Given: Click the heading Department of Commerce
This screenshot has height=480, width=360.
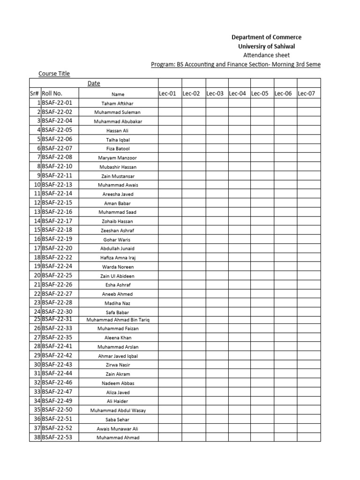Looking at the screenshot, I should [x=267, y=37].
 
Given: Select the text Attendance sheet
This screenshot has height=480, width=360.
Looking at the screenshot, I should [x=267, y=55].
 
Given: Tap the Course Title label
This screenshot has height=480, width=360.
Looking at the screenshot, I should [x=54, y=74].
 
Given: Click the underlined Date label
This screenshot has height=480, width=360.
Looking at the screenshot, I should [x=94, y=83].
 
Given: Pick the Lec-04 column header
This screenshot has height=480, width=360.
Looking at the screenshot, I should [x=237, y=93].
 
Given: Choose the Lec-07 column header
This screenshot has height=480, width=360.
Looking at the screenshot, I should [x=307, y=93].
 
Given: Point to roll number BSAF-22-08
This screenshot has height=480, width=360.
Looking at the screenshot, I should [x=57, y=157].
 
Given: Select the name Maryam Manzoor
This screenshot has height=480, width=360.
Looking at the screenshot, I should [x=118, y=158].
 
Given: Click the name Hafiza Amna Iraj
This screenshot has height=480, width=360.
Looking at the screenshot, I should [x=118, y=258].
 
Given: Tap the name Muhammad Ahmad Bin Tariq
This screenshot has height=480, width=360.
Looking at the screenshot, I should [x=118, y=320].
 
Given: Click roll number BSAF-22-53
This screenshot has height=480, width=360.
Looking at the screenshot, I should [x=57, y=437].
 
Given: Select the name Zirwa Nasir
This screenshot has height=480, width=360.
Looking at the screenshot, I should [x=118, y=365].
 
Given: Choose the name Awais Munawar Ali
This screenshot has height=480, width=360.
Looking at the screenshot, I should [x=118, y=429].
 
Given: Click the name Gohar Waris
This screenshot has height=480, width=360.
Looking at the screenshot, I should [x=118, y=240].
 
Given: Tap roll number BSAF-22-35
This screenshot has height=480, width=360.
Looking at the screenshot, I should [x=57, y=337].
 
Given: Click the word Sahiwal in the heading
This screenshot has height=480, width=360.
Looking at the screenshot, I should [x=281, y=46].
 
